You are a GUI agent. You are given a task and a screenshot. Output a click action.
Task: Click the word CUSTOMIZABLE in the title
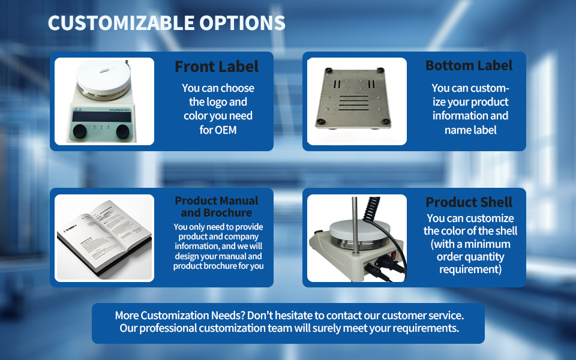coord(121,23)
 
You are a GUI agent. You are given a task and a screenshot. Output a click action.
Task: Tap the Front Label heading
coord(217,67)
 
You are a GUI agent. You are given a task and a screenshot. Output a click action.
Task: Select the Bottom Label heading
coord(469,65)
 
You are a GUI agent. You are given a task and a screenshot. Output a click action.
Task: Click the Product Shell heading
coord(469,202)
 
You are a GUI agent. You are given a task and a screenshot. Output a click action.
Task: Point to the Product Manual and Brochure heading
coord(217,206)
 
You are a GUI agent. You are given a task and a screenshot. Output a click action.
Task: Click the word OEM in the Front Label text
coord(226,130)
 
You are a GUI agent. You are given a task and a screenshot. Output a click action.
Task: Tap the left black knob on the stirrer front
coord(80,131)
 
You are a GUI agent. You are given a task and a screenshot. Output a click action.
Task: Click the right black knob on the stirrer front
coord(122,131)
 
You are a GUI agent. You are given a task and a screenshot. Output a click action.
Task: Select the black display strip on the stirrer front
coord(101,117)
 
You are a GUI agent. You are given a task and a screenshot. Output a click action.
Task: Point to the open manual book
coord(104,239)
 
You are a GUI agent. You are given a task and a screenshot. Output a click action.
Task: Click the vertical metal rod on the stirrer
coord(355,226)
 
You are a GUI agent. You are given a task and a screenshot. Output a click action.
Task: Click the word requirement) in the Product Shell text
coord(470,269)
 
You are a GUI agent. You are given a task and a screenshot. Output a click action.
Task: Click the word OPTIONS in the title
coord(242,23)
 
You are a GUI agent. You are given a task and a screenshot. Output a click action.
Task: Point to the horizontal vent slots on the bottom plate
coord(353,103)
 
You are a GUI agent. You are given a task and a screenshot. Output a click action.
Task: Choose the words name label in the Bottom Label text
coord(470,130)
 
